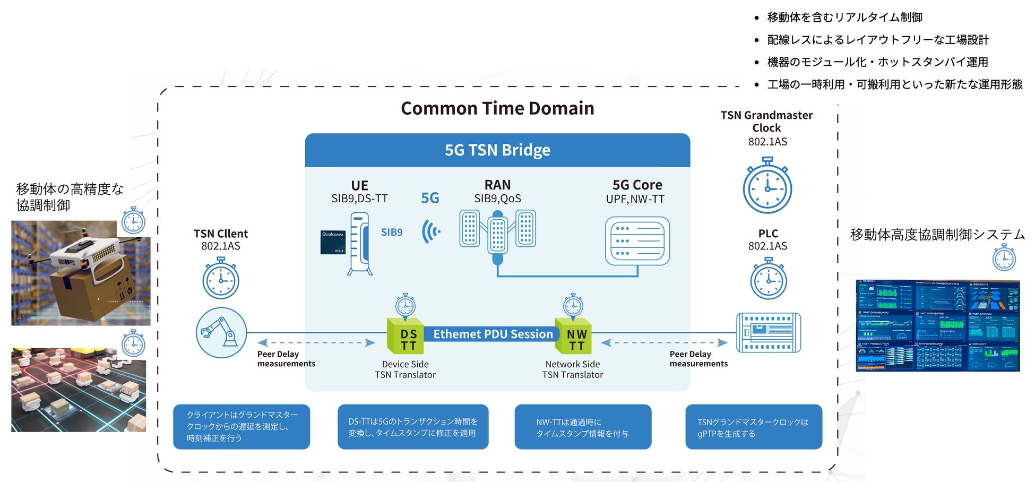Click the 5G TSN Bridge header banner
[497, 150]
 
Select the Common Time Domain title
[497, 108]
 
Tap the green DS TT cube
[406, 337]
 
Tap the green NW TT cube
[573, 337]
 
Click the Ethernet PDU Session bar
[493, 334]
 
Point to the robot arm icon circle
[221, 333]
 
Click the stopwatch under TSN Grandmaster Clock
[767, 186]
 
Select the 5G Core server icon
[637, 241]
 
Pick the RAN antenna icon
[497, 234]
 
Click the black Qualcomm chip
[333, 242]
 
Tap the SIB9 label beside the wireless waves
[392, 233]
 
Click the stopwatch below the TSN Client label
[221, 279]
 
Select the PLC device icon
[768, 333]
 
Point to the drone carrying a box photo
[81, 273]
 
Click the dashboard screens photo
[937, 325]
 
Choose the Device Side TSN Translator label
[405, 369]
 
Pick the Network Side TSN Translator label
[573, 369]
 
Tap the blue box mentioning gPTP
[754, 427]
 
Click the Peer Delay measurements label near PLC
[698, 359]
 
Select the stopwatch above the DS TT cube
[406, 306]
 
